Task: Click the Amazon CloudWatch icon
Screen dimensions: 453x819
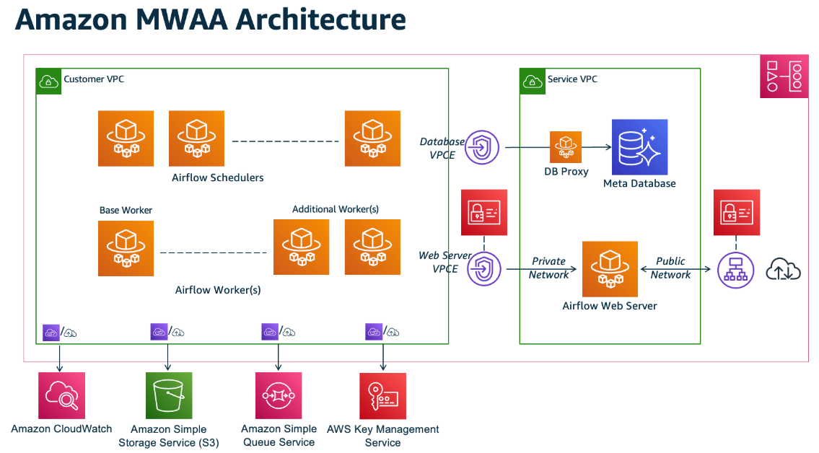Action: click(61, 395)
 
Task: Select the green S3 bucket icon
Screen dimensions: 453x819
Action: click(170, 396)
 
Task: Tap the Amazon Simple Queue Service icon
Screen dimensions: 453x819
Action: click(278, 396)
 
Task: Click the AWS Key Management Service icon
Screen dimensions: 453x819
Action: click(382, 396)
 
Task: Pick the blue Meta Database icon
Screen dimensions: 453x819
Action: click(639, 147)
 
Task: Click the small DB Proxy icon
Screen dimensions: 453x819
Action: click(566, 146)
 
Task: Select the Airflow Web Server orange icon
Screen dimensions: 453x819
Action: click(610, 269)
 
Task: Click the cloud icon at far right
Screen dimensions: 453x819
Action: click(784, 270)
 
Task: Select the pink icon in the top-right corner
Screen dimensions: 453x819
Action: click(784, 76)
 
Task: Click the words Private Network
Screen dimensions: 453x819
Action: click(548, 268)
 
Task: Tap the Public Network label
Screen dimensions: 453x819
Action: click(670, 268)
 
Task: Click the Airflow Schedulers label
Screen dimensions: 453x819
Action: click(218, 177)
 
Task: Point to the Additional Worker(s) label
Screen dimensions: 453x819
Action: click(336, 209)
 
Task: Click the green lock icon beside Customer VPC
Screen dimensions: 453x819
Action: click(48, 81)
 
